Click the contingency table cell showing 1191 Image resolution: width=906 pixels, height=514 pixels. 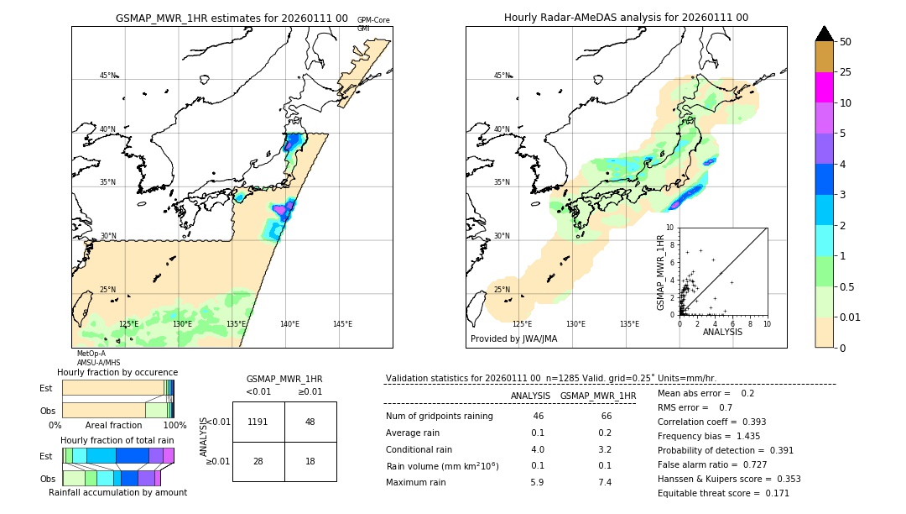click(x=258, y=422)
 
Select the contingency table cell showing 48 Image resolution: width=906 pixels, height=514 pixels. click(x=310, y=422)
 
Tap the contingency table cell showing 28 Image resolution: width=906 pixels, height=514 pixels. click(x=258, y=462)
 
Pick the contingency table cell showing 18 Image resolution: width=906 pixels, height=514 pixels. click(x=310, y=462)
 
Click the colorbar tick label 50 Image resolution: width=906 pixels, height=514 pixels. click(x=846, y=41)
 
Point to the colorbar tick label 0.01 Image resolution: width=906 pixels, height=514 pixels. click(x=851, y=317)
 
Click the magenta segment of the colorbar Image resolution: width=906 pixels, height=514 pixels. click(x=824, y=87)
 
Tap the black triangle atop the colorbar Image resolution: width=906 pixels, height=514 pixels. click(x=824, y=34)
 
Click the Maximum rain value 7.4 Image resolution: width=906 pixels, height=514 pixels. click(x=603, y=482)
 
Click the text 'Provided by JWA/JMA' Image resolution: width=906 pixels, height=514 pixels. click(x=513, y=338)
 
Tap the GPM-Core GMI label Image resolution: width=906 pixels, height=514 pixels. click(x=372, y=24)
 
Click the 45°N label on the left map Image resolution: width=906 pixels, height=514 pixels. click(x=107, y=76)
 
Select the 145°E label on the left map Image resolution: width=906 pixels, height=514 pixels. click(x=342, y=324)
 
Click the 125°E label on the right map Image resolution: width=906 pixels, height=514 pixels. click(x=522, y=324)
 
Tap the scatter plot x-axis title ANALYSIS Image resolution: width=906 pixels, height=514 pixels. click(x=722, y=332)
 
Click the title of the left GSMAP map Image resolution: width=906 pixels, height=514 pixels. click(x=232, y=18)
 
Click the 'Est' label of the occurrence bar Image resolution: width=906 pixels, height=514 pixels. click(x=46, y=388)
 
